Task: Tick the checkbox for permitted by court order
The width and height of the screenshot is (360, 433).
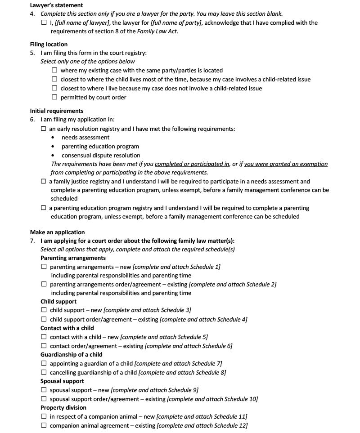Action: click(54, 97)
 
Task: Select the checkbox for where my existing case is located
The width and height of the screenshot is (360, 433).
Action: click(54, 70)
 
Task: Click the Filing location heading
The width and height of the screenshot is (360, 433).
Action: click(49, 44)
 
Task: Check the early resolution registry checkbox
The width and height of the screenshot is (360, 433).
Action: click(44, 129)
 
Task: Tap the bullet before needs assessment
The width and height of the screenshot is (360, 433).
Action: click(54, 138)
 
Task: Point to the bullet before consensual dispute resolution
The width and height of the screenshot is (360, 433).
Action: click(54, 156)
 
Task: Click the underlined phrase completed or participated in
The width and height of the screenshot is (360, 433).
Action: click(192, 164)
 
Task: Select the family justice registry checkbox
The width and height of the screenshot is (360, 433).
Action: click(44, 182)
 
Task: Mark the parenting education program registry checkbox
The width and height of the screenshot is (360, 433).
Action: click(44, 208)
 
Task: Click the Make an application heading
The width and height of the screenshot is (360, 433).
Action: click(57, 232)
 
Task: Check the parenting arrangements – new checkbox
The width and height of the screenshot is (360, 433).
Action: click(44, 267)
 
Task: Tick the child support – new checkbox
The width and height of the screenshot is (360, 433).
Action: click(44, 310)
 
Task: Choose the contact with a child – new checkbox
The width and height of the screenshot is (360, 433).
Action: click(44, 337)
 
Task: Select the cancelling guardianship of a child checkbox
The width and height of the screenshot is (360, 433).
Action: click(44, 372)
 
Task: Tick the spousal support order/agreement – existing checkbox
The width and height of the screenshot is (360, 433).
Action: click(44, 399)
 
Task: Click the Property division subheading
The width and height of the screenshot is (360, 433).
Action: click(63, 407)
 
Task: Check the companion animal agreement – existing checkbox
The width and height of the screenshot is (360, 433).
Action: click(44, 425)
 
